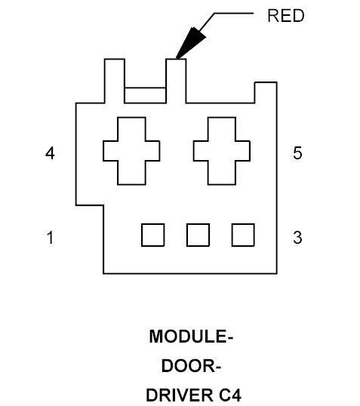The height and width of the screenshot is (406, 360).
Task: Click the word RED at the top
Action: point(286,16)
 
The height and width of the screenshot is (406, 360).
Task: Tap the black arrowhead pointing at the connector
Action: point(191,43)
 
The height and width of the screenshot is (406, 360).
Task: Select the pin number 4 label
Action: point(50,153)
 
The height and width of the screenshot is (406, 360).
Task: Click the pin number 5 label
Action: point(297,152)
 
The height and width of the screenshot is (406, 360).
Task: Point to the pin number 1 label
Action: point(50,238)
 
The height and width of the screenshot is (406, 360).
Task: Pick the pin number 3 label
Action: point(297,238)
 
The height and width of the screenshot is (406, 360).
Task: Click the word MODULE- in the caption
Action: point(191,337)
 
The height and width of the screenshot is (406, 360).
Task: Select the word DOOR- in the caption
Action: point(191,366)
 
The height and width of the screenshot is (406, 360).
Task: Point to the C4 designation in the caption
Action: point(230,395)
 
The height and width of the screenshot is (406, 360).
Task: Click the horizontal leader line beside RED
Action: point(234,13)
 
